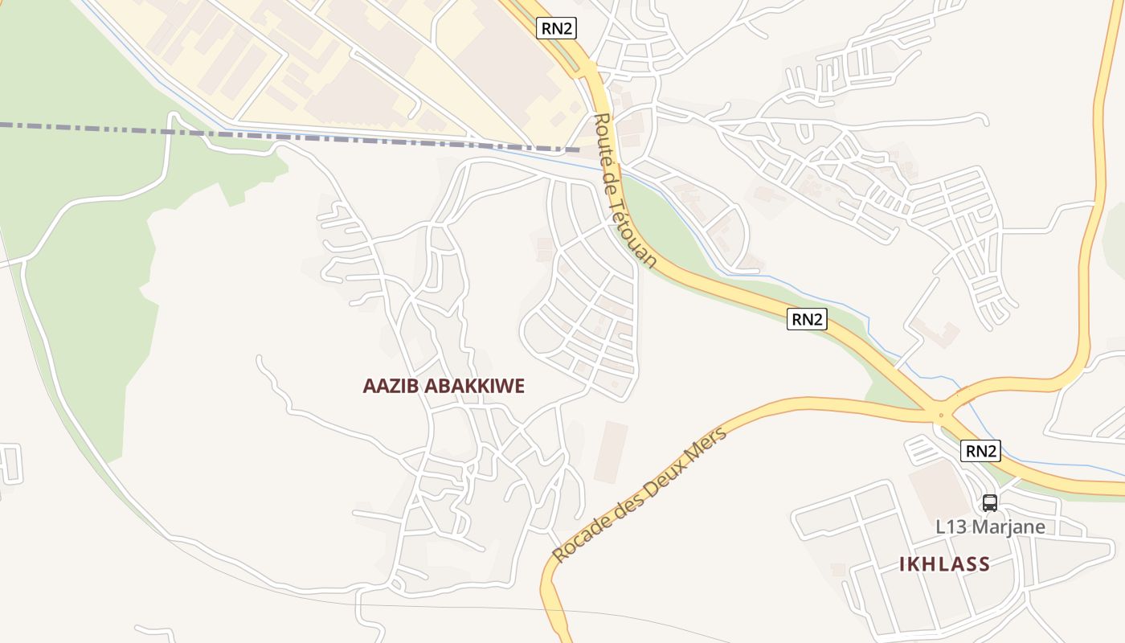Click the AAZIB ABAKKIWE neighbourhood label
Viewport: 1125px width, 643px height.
(x=444, y=386)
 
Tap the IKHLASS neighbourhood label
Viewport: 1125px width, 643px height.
(x=944, y=564)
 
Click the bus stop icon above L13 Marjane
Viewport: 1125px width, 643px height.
(x=990, y=503)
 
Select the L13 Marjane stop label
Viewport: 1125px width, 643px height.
(x=990, y=527)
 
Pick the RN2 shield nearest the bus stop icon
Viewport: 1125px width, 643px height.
(x=980, y=451)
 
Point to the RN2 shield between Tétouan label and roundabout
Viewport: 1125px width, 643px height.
(x=807, y=319)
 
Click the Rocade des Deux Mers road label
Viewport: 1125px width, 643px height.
(x=640, y=494)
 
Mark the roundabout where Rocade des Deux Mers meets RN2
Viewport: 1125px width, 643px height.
(x=941, y=416)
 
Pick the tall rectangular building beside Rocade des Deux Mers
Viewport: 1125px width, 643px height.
(x=611, y=452)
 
